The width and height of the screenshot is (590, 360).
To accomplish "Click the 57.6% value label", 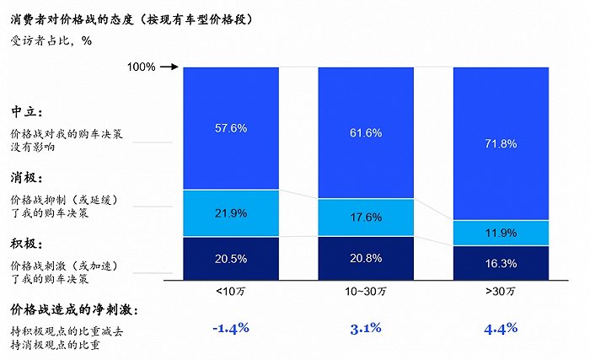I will click(231, 128).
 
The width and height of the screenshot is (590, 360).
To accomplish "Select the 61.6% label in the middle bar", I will click(366, 133).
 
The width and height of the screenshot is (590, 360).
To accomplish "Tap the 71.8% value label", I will click(501, 144).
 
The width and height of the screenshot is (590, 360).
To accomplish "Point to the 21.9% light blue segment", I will click(231, 213).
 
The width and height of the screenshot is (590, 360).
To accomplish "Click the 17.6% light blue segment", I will click(366, 218).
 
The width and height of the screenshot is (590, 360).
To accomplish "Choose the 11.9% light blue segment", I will click(501, 233).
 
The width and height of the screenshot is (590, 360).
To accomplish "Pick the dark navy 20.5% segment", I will click(231, 258).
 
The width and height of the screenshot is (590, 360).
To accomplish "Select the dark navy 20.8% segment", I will click(366, 258).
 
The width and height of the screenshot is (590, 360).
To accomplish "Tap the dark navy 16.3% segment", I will click(501, 262).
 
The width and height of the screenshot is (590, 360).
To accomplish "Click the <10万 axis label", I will click(231, 289).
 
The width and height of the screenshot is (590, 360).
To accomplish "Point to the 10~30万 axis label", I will click(366, 289).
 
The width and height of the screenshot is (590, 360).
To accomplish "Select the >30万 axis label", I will click(501, 289).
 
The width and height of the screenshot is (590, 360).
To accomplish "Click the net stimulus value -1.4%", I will click(231, 328).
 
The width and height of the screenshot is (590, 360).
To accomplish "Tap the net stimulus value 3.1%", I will click(366, 328).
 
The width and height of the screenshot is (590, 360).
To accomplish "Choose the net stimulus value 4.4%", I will click(501, 328).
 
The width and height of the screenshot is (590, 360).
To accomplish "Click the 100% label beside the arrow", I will click(141, 67).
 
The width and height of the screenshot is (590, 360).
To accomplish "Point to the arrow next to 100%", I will click(169, 67).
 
